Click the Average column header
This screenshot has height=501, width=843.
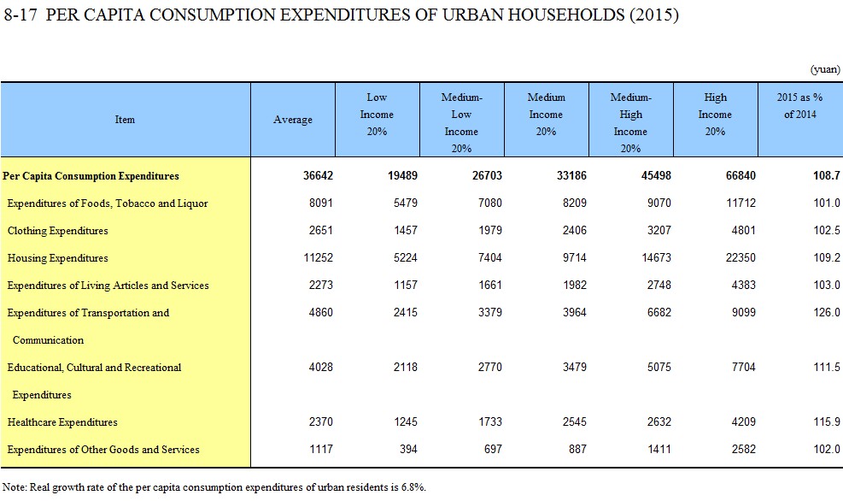pos(292,120)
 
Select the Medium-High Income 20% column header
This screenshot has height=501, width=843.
pos(630,123)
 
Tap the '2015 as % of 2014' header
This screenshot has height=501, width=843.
pos(800,105)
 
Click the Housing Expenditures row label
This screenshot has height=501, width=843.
pos(57,257)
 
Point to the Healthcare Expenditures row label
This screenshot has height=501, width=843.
pos(62,421)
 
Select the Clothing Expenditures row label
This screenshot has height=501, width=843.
pos(57,230)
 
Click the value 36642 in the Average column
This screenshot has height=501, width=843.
pos(318,175)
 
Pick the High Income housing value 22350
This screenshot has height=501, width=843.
pos(741,257)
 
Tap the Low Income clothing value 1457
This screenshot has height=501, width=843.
pos(406,230)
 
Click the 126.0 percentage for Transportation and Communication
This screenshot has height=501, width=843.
pos(826,312)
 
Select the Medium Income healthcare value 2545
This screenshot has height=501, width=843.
pos(574,421)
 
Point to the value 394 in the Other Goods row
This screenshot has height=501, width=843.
pos(408,450)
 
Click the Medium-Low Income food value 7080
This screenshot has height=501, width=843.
pos(489,203)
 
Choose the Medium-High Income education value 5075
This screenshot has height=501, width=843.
pos(659,367)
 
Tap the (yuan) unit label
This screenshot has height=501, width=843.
pos(825,69)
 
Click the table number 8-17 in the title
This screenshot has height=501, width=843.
pos(20,15)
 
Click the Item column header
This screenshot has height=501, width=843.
pos(125,120)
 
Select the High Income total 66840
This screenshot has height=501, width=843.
pos(741,175)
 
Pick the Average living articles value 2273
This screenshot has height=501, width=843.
pos(320,286)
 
